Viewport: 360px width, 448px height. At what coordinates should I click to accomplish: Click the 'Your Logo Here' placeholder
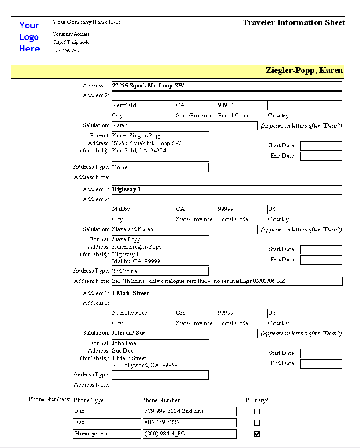click(29, 37)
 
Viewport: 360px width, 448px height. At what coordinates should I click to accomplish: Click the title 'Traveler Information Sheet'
click(294, 22)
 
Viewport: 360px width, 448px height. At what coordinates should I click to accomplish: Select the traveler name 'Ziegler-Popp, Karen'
click(304, 71)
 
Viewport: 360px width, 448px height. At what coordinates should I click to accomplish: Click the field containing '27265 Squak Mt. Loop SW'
click(227, 86)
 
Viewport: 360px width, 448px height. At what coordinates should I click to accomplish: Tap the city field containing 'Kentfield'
click(143, 106)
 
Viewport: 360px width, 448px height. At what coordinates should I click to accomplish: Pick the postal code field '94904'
click(241, 106)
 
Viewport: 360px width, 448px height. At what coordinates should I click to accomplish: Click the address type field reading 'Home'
click(160, 167)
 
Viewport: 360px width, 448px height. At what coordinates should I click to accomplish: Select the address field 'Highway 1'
click(227, 190)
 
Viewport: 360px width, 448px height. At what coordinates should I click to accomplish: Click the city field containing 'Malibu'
click(143, 210)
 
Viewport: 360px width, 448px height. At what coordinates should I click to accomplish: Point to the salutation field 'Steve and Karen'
click(184, 230)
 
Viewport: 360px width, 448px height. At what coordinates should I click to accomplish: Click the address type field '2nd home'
click(160, 271)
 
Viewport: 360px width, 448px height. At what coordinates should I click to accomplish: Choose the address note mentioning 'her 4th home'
click(227, 282)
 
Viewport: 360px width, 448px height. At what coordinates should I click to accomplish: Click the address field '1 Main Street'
click(227, 294)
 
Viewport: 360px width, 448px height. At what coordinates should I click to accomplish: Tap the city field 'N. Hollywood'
click(143, 313)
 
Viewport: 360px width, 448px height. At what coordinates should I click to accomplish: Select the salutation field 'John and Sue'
click(184, 333)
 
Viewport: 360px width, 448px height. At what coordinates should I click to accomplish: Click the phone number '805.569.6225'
click(189, 423)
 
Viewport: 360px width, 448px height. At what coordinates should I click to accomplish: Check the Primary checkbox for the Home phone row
click(257, 434)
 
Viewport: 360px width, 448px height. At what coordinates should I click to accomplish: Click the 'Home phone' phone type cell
click(107, 434)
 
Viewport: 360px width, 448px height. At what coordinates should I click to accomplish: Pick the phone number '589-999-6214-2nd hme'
click(189, 412)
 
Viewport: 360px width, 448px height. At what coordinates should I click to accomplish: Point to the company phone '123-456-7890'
click(67, 51)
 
